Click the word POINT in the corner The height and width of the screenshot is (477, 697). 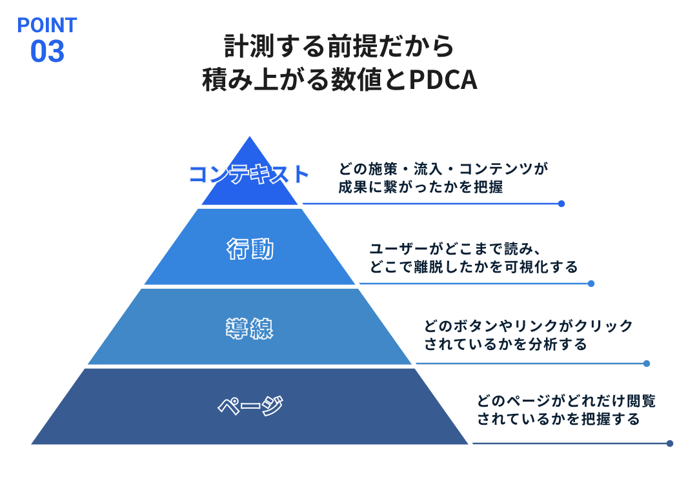tap(47, 25)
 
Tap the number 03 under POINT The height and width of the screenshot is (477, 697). tap(47, 52)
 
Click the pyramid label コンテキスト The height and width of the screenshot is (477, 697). tap(249, 175)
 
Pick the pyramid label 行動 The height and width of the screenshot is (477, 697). tap(250, 249)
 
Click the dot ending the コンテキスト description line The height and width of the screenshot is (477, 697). tap(561, 204)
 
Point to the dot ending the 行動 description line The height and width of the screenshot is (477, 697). tap(591, 284)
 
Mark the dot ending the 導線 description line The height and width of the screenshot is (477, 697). tap(647, 364)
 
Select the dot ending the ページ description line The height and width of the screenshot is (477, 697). tap(670, 443)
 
